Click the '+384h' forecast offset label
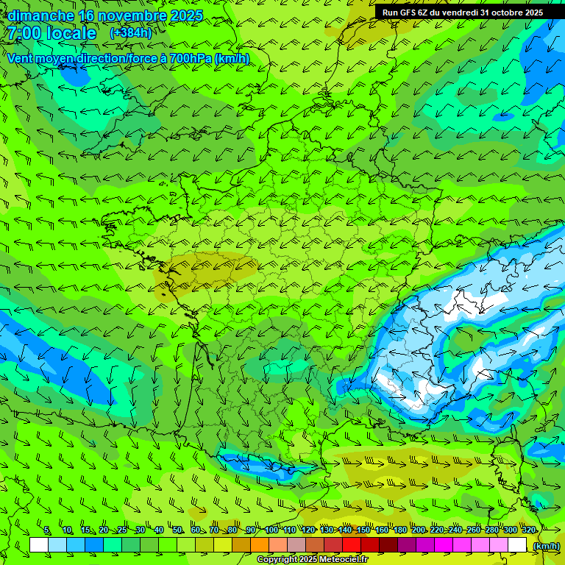tap(131, 33)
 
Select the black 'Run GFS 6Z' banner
tap(463, 13)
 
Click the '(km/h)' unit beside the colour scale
tap(545, 545)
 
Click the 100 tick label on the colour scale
tap(271, 530)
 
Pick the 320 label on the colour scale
tap(528, 530)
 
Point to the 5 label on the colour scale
tap(47, 530)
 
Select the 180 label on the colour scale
tap(400, 530)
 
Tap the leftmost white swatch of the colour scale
tap(39, 545)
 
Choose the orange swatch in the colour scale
tap(260, 545)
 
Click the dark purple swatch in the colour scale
tap(407, 545)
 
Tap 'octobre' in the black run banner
tap(502, 13)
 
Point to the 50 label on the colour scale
tap(177, 530)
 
